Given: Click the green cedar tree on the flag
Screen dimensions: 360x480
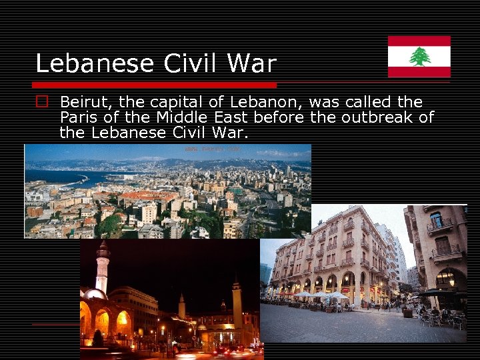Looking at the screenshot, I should [x=419, y=57].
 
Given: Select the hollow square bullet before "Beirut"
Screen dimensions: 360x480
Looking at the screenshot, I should [x=43, y=103].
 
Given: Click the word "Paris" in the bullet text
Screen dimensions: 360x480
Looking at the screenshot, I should [x=79, y=118].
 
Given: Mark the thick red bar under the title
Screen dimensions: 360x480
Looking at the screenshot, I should [x=155, y=85].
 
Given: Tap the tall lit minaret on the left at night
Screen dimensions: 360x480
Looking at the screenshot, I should [x=102, y=267].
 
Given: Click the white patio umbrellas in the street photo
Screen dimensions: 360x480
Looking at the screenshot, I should [x=320, y=295].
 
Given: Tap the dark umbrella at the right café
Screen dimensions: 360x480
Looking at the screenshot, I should [x=437, y=292].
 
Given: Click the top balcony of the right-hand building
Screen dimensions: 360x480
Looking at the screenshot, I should [x=439, y=227].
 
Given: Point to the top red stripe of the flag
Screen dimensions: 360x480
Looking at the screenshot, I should [x=419, y=41].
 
